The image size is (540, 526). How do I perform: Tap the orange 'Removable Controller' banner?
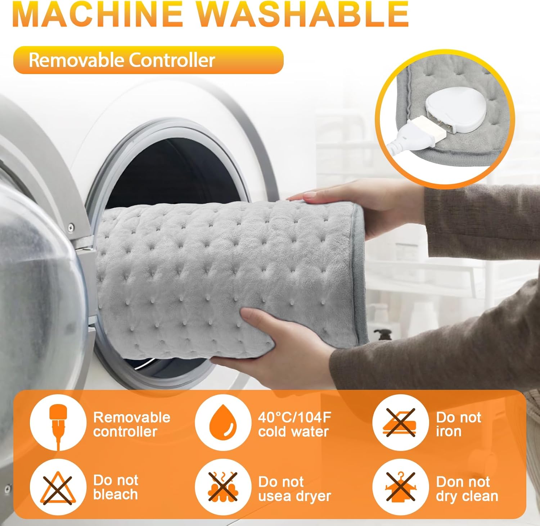148,60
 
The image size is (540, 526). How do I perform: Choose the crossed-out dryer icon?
223,488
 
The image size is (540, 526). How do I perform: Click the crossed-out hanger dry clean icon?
400,488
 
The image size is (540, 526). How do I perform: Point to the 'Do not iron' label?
458,424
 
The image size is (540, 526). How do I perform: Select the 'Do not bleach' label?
116,488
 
